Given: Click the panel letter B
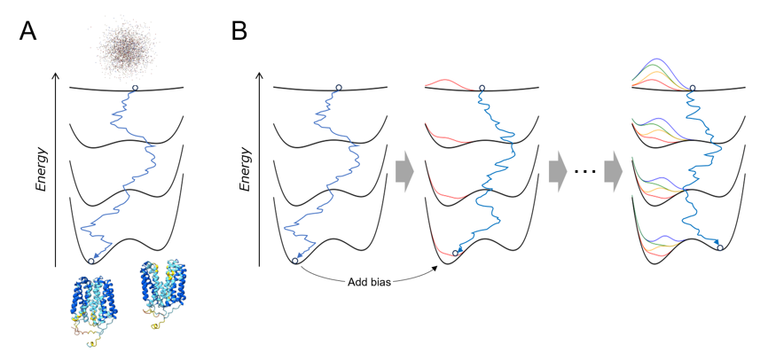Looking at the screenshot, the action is click(239, 31).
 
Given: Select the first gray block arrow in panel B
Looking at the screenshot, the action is click(404, 171).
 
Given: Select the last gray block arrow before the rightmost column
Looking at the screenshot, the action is click(613, 171).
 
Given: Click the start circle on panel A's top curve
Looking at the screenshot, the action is click(135, 88).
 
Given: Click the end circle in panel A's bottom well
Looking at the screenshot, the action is click(90, 261).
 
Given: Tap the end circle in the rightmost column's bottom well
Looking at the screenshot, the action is click(720, 248).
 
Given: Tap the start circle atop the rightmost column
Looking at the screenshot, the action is click(693, 89).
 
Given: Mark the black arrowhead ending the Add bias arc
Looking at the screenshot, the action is click(435, 268).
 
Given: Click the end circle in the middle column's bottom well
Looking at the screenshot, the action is click(456, 253).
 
